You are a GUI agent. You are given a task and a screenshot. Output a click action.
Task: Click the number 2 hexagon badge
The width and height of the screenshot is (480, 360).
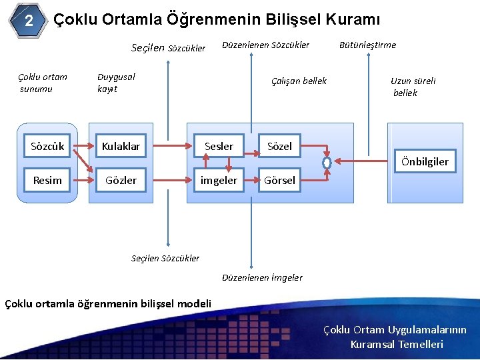[29, 21]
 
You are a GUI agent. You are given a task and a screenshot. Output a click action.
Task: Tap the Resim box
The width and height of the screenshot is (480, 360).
[47, 180]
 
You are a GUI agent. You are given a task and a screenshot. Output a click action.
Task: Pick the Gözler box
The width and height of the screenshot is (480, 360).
[121, 180]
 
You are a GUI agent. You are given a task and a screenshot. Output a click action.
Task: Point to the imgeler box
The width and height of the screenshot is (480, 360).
[219, 180]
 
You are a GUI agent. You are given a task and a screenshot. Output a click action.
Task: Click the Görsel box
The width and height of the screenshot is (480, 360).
[279, 180]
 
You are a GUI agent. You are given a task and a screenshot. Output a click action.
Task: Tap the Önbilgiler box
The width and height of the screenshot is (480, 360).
[424, 161]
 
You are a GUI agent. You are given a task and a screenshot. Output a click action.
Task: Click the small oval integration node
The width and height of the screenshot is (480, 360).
[327, 162]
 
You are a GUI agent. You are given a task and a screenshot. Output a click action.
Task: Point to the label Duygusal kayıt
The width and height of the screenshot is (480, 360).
[116, 83]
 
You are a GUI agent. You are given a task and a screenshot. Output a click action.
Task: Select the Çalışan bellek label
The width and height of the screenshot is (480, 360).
[299, 81]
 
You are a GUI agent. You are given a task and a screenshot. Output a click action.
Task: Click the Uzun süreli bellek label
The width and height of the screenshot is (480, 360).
[413, 87]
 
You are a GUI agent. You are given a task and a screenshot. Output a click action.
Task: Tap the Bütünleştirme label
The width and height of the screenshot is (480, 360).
[367, 45]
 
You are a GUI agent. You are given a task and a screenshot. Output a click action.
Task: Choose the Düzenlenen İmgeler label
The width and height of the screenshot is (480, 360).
[262, 277]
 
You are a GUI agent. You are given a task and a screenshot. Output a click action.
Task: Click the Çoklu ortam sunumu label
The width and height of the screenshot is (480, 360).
[43, 83]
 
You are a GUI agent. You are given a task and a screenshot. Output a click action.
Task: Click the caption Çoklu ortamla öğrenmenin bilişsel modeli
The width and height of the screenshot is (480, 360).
[108, 304]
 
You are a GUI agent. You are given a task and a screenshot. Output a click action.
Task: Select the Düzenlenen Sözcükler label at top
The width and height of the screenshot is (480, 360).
[265, 45]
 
